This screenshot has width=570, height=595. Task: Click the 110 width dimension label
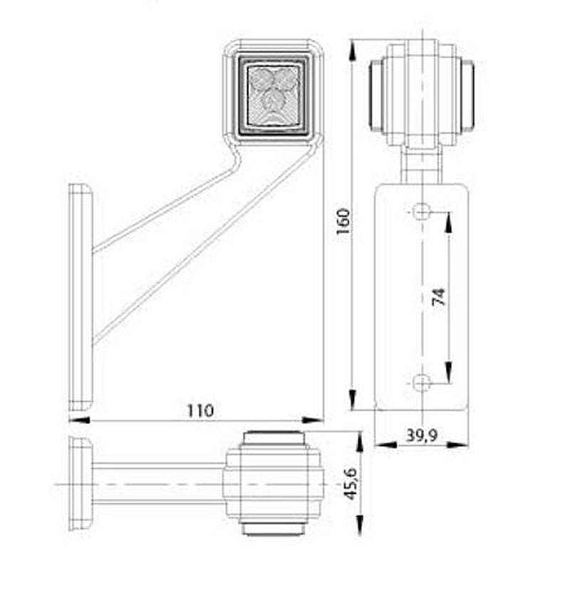pos(200,410)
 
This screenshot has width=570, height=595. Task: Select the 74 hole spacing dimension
pos(438,297)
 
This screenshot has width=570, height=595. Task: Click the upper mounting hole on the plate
pos(423,211)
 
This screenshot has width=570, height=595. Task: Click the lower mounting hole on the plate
pos(422,383)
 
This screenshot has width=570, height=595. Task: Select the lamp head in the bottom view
pos(274,483)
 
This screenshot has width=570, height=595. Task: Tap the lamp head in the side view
pos(421,94)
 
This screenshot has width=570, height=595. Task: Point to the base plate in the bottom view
pos(79,483)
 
